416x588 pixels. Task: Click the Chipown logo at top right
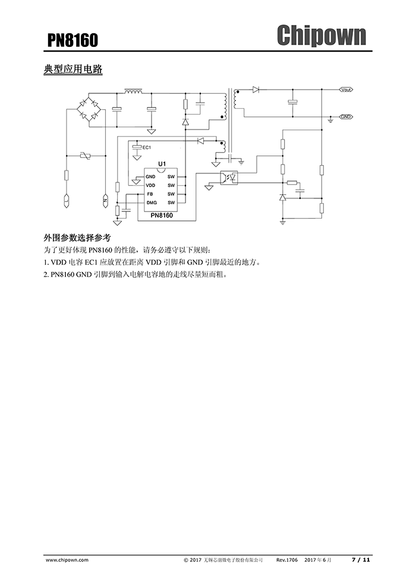point(321,36)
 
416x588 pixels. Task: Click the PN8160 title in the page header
point(73,40)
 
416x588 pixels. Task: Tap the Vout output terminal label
point(346,90)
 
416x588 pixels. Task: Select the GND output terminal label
point(346,116)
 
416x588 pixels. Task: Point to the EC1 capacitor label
point(147,147)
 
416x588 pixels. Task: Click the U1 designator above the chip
point(162,163)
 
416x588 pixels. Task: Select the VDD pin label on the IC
point(150,185)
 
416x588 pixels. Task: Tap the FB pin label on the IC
point(150,194)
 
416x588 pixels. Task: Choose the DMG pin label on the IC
point(151,203)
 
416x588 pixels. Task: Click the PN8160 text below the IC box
point(162,216)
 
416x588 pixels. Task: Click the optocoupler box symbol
point(229,178)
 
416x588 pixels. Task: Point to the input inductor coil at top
point(133,91)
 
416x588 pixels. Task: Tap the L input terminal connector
point(66,200)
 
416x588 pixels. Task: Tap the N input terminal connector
point(105,200)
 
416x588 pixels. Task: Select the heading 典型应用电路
point(73,69)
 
